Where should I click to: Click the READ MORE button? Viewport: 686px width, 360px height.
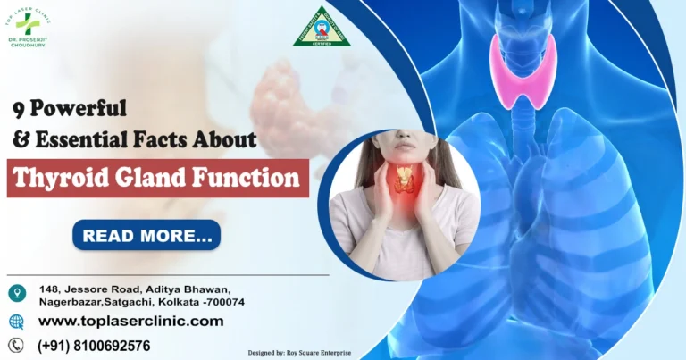pos(146,235)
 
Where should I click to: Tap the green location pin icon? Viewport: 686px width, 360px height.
pos(17,293)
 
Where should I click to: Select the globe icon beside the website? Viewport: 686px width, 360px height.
pos(17,322)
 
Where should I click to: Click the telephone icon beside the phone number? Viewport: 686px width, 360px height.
pos(16,346)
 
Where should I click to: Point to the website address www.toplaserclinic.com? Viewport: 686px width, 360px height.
pos(130,322)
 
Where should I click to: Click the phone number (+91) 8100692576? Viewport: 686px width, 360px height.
pos(94,346)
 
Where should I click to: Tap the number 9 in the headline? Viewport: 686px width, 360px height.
pos(18,110)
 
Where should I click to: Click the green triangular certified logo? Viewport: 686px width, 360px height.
pos(322,29)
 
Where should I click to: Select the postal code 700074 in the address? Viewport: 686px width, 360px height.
pos(223,303)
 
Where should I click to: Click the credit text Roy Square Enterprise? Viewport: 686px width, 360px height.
pos(314,354)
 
